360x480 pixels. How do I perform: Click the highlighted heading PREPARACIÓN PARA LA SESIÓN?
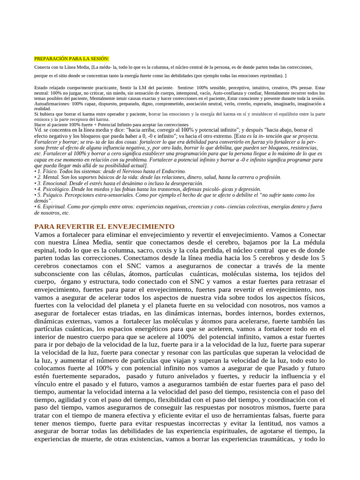(x=72, y=59)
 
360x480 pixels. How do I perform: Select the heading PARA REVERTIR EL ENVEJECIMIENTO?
(x=105, y=226)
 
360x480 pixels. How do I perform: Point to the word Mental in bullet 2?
(x=51, y=177)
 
